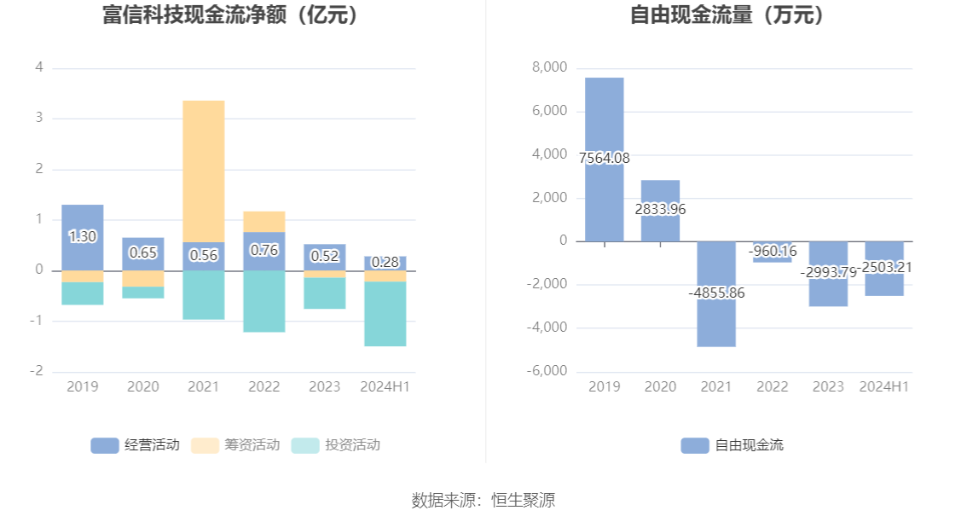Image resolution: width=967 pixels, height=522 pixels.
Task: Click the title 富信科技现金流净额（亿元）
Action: [229, 15]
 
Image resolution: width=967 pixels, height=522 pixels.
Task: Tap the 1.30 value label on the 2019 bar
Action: [82, 237]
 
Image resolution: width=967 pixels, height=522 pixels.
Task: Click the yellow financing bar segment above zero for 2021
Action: [204, 171]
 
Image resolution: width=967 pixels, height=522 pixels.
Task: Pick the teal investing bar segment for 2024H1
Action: [385, 313]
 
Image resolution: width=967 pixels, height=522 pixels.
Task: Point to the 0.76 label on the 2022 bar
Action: [264, 251]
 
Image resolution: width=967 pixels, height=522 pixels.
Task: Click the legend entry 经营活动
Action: [136, 445]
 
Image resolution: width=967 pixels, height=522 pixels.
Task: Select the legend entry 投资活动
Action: [335, 445]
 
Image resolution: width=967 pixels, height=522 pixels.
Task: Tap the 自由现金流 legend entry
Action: [732, 445]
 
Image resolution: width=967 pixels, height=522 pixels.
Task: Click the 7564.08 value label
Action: [605, 159]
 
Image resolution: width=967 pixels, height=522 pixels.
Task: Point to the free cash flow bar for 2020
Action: [660, 211]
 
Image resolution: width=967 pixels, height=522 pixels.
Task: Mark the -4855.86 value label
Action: [716, 293]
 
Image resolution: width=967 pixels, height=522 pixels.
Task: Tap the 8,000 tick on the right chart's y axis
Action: [549, 68]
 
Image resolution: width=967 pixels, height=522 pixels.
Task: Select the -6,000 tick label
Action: [547, 371]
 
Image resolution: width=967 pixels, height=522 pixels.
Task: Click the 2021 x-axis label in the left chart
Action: [204, 387]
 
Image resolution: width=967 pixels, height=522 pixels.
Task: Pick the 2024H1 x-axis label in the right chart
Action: [884, 387]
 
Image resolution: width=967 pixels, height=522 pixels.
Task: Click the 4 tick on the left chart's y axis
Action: [39, 67]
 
